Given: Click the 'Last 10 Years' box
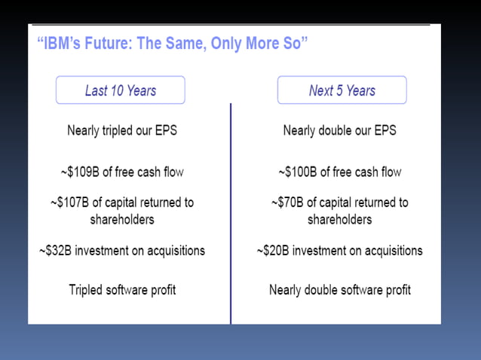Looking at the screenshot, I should point(120,90).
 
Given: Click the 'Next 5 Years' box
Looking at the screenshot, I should point(342,90).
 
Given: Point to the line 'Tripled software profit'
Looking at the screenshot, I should point(122,290).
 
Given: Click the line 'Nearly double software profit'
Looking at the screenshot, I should point(340,290).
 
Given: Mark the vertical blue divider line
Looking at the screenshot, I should point(231,211).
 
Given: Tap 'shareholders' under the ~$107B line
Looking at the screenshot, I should point(122,219).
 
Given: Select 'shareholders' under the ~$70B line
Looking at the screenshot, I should point(339,219).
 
